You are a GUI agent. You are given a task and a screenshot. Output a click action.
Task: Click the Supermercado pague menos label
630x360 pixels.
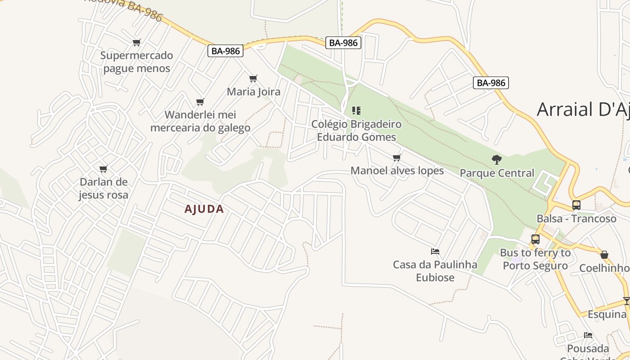pos(136,62)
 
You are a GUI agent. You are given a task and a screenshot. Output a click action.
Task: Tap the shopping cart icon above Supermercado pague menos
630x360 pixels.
pos(136,42)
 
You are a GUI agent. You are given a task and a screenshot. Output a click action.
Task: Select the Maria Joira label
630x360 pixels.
pos(253,92)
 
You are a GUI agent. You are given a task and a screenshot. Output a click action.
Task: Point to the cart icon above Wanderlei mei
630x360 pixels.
pos(200,102)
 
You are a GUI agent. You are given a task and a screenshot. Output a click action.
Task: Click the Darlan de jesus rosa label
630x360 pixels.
pos(103,189)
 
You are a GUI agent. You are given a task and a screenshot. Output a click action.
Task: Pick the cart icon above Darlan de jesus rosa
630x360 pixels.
pos(103,169)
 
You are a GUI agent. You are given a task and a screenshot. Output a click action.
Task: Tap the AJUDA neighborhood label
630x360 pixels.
pos(204,209)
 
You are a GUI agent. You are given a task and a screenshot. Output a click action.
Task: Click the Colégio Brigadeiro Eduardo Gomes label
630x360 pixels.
pos(356,130)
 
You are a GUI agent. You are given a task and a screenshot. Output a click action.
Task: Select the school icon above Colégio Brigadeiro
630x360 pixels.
pos(356,110)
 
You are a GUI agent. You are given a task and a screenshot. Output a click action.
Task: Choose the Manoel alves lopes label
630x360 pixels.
pos(397,171)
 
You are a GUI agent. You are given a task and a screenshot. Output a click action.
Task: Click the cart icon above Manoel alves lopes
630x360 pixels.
pos(396,157)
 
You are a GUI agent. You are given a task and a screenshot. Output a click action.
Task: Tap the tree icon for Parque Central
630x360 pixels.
pos(497,159)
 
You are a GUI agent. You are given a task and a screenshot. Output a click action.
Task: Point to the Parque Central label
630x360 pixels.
pos(497,173)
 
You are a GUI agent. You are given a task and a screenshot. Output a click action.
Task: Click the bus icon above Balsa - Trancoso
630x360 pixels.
pos(576,205)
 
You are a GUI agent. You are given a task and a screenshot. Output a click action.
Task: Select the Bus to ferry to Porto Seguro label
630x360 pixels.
pos(535,259)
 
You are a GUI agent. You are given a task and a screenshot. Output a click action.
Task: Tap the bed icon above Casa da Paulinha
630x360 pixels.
pos(435,251)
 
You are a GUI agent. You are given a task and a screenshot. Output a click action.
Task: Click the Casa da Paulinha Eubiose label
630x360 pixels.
pos(435,271)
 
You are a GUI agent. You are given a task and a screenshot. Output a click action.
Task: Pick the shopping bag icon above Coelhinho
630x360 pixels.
pos(604,255)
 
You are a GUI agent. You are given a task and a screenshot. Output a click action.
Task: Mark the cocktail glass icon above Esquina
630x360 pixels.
pos(626,301)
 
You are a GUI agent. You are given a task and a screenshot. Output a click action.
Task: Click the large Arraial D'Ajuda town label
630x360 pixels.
pos(583,109)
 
